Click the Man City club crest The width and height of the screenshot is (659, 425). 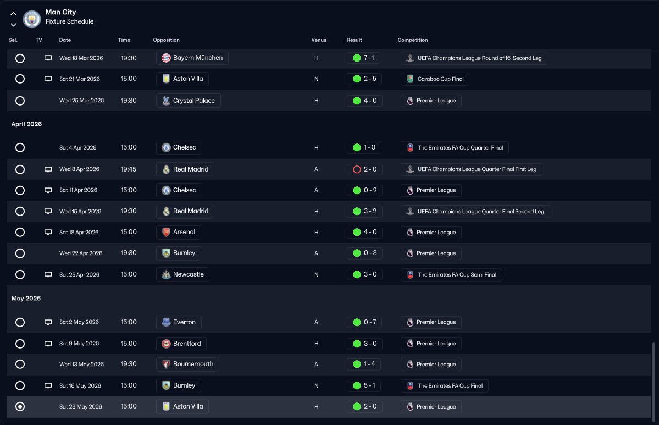coord(32,19)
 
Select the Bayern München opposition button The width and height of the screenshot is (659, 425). coord(192,58)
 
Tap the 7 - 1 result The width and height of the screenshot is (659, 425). coord(364,58)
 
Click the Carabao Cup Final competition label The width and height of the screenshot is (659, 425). coord(435,79)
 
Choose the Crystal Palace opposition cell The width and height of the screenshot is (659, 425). coord(189,101)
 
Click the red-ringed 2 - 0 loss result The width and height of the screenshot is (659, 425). coord(364,169)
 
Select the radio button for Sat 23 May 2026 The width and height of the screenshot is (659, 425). coord(20,407)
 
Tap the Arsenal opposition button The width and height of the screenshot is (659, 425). coord(179,232)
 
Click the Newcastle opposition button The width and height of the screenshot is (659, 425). coord(182,274)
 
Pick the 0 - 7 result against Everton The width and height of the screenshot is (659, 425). coord(364,322)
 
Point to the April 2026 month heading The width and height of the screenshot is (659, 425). coord(26,124)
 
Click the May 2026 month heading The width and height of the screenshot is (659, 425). coord(26,299)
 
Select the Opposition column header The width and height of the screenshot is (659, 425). coord(166,40)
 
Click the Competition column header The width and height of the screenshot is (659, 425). coord(412,40)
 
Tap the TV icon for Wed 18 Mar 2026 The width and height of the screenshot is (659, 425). coord(48,58)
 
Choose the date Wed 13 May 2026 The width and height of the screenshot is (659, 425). coord(81,365)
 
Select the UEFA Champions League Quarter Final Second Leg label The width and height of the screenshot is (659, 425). coord(475,212)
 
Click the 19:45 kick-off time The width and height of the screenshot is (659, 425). coord(129,169)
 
